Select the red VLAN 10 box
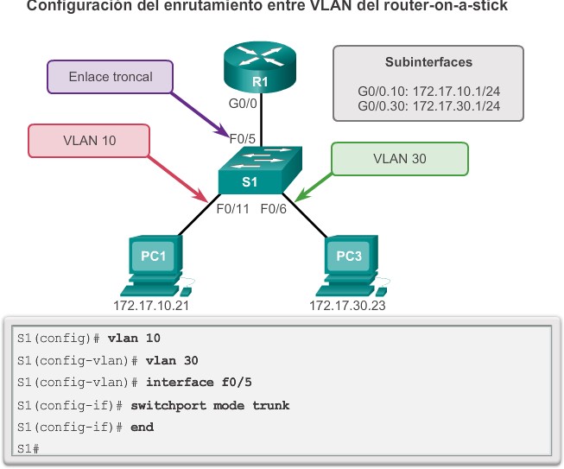(90, 140)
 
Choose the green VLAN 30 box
(399, 159)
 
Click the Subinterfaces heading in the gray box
(428, 62)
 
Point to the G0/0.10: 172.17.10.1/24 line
(428, 90)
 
